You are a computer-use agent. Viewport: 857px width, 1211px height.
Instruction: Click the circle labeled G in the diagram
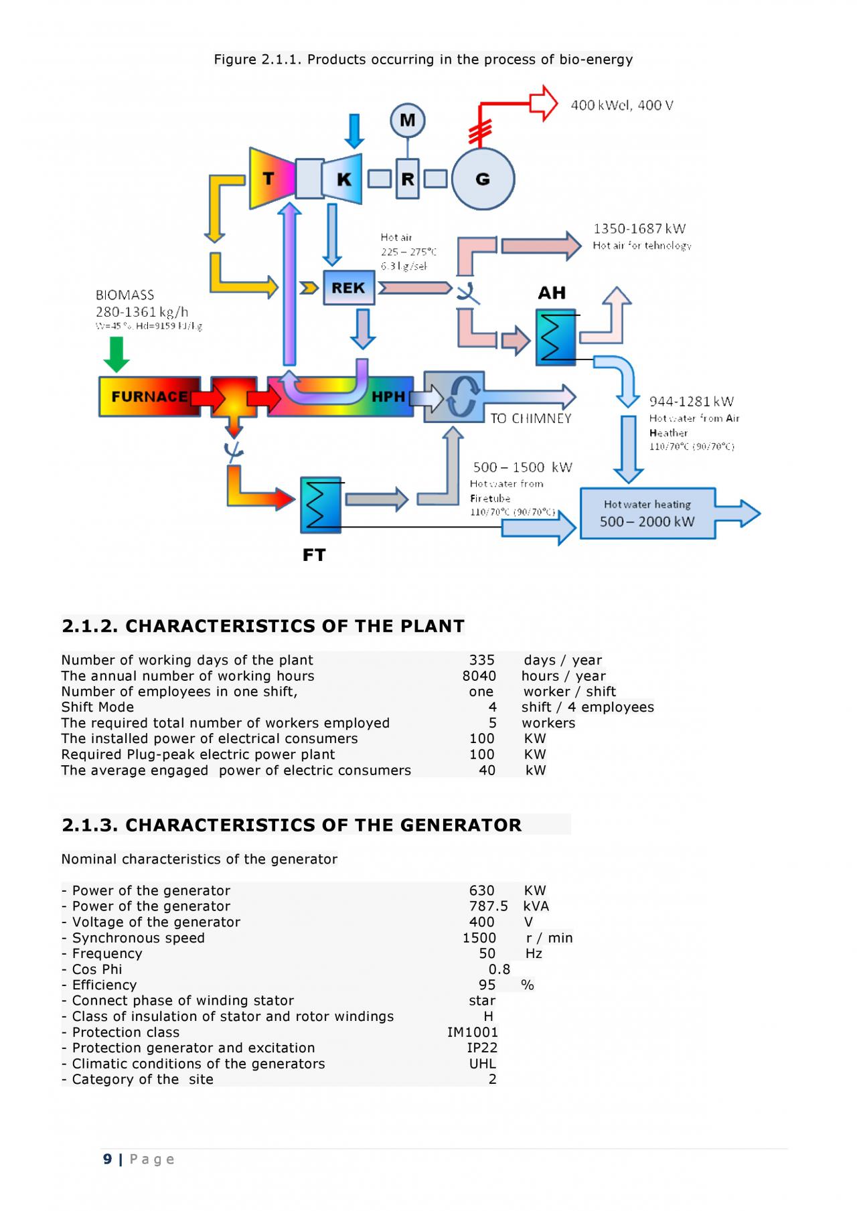pyautogui.click(x=483, y=179)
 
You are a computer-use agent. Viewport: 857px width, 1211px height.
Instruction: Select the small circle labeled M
pyautogui.click(x=407, y=120)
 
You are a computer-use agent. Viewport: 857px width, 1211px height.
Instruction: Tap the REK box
pyautogui.click(x=348, y=288)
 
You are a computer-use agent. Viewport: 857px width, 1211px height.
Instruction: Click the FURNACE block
pyautogui.click(x=149, y=397)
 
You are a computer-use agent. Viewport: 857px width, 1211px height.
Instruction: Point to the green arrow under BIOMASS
pyautogui.click(x=116, y=354)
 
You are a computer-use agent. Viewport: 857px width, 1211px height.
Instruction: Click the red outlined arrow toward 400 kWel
pyautogui.click(x=542, y=103)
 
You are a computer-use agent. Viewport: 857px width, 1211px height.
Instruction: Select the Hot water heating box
pyautogui.click(x=647, y=513)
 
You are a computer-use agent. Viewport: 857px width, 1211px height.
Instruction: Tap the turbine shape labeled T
pyautogui.click(x=270, y=179)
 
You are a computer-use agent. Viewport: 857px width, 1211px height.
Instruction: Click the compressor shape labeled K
pyautogui.click(x=343, y=179)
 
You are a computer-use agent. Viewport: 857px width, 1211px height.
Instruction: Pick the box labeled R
pyautogui.click(x=407, y=179)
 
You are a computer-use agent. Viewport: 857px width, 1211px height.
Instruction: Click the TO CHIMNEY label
pyautogui.click(x=530, y=418)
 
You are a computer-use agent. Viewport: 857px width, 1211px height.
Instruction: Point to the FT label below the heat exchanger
pyautogui.click(x=314, y=555)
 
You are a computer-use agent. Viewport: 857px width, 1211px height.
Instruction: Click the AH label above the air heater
pyautogui.click(x=552, y=293)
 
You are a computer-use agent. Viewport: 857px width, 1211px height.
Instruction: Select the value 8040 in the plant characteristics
pyautogui.click(x=479, y=676)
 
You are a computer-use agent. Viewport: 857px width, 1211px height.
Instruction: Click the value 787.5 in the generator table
pyautogui.click(x=488, y=906)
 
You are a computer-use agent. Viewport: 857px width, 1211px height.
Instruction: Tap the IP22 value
pyautogui.click(x=482, y=1048)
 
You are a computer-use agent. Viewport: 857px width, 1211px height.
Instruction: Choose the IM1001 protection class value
pyautogui.click(x=473, y=1032)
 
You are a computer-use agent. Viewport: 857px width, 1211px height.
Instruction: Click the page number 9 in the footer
pyautogui.click(x=108, y=1159)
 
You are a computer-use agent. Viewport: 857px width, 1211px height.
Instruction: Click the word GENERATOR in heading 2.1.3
pyautogui.click(x=461, y=825)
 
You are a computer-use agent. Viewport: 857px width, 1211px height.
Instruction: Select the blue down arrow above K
pyautogui.click(x=354, y=131)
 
